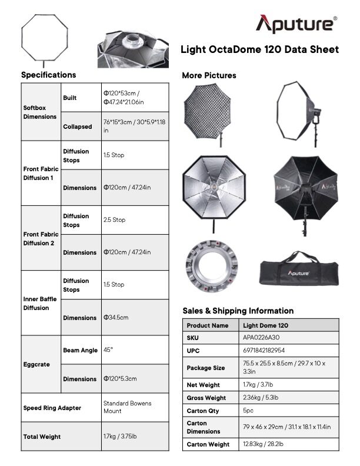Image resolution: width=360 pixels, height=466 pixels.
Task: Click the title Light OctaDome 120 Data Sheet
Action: tap(259, 50)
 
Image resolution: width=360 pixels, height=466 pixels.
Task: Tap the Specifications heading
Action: tap(48, 75)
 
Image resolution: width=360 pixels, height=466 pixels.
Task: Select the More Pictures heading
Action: tap(209, 75)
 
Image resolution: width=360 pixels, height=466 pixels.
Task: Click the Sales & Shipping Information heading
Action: tap(238, 311)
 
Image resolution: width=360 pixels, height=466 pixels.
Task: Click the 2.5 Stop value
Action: tap(114, 219)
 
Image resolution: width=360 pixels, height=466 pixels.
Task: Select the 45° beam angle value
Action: tap(108, 349)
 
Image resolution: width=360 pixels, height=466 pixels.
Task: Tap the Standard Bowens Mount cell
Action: tap(127, 407)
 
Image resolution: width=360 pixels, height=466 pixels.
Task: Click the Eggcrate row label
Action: tap(36, 364)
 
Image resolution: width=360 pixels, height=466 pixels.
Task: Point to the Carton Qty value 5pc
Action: tap(249, 411)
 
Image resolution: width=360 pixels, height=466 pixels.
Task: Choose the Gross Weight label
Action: tap(206, 398)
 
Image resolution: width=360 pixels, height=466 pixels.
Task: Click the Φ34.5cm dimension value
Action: tap(116, 317)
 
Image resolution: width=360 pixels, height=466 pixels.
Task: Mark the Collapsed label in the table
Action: tap(78, 127)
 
